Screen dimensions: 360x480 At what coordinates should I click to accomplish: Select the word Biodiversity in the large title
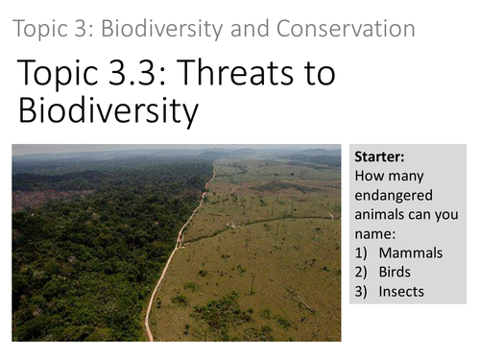coord(108,112)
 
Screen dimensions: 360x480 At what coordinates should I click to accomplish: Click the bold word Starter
coord(379,157)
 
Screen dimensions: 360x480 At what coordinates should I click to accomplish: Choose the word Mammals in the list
coord(411,252)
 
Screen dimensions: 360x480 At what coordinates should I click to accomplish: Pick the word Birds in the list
coord(395,272)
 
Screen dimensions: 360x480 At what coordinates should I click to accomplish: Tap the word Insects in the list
coord(401,291)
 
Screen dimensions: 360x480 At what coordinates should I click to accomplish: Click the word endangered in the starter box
coord(392,196)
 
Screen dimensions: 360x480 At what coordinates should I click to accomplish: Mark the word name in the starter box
coord(374,234)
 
